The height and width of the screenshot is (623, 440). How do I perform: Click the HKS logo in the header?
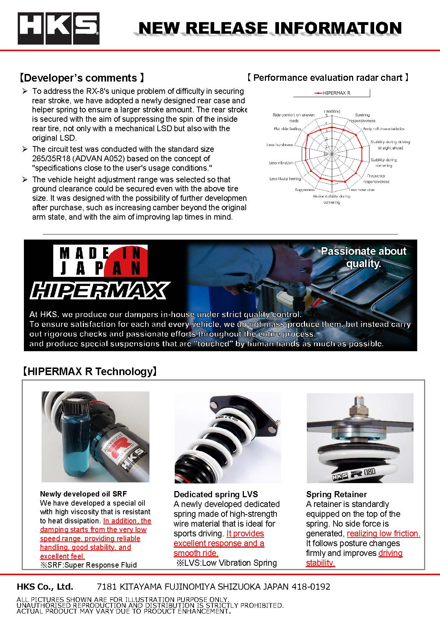click(x=59, y=29)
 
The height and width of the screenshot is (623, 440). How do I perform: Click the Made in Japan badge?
click(x=100, y=261)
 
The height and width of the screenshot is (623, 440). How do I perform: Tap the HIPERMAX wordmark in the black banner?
click(x=99, y=291)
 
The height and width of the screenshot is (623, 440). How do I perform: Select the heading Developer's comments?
click(x=82, y=78)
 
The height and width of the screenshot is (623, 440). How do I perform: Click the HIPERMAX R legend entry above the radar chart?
click(x=333, y=93)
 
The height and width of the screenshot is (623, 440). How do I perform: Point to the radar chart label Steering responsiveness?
click(x=362, y=117)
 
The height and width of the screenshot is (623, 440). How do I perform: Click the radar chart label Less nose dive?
click(x=362, y=190)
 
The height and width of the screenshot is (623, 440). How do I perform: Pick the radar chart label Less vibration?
click(x=281, y=163)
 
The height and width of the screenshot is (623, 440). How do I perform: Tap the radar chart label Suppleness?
click(x=305, y=190)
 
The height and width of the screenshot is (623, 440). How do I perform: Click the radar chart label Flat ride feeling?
click(x=288, y=129)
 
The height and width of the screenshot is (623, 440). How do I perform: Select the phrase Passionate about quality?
click(x=363, y=257)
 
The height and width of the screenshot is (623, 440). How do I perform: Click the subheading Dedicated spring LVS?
click(x=216, y=494)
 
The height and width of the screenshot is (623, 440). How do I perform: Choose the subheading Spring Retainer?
click(x=336, y=494)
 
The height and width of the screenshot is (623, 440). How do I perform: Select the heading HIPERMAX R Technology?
click(x=89, y=371)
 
